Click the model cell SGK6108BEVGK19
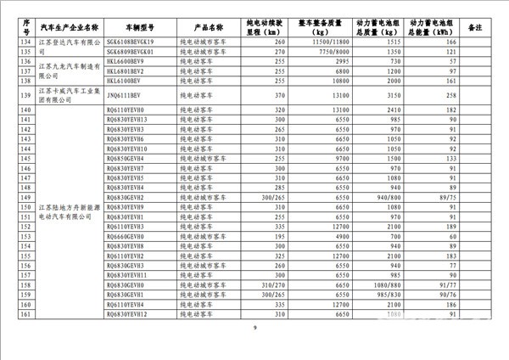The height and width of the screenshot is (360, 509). (x=132, y=42)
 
